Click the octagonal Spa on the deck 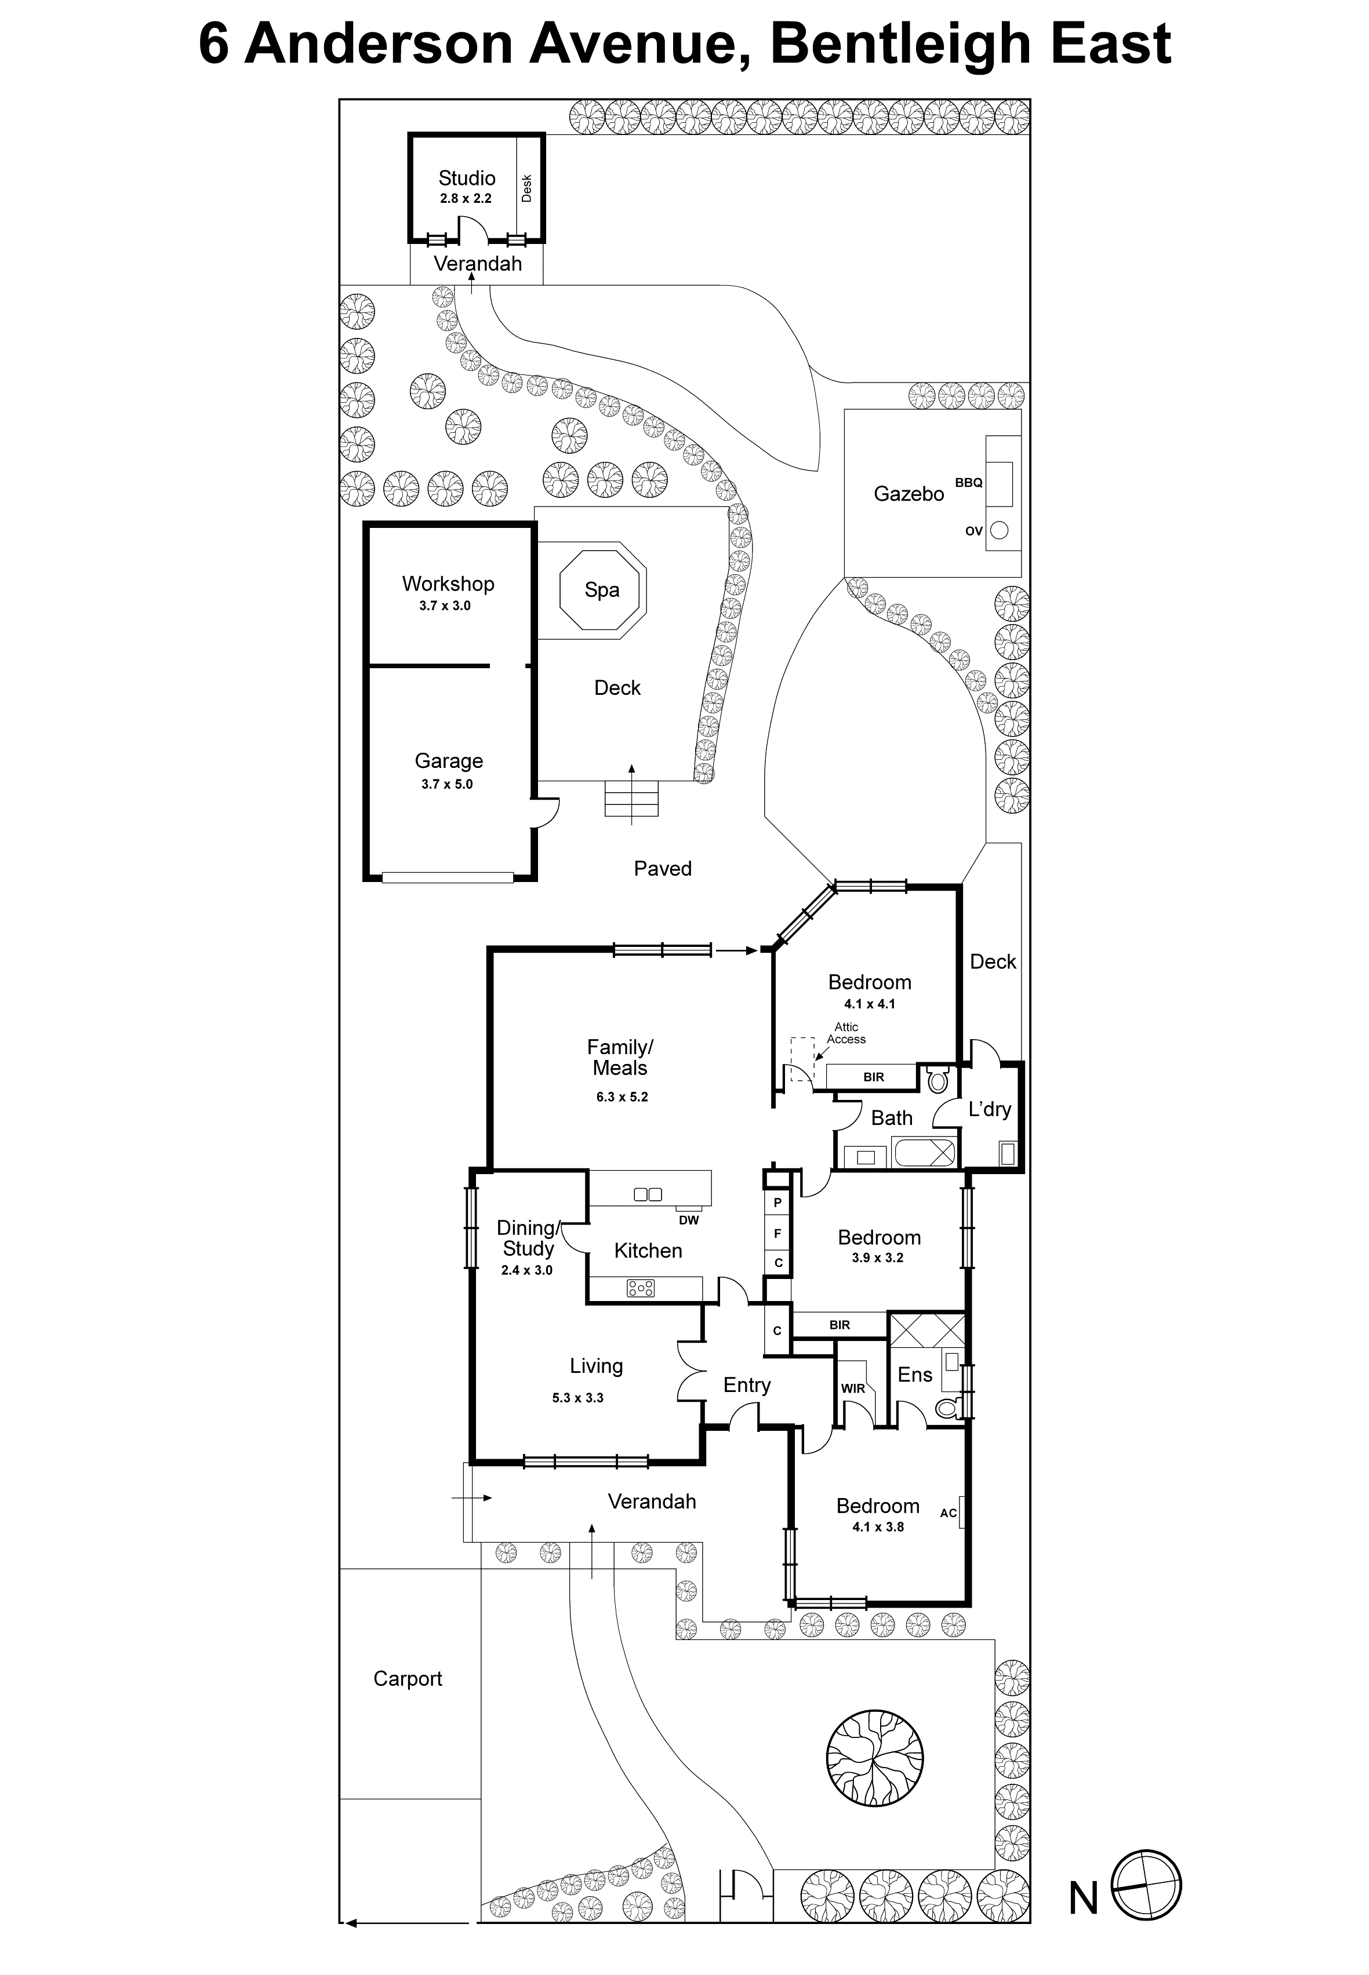point(602,591)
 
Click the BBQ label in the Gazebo point(968,483)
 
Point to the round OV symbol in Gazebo point(999,530)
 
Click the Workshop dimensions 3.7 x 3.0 point(445,606)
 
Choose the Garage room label point(448,761)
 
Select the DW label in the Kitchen point(688,1220)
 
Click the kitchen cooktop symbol point(641,1288)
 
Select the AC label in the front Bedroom point(948,1513)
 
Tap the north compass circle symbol point(1147,1884)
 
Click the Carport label point(407,1679)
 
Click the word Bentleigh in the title point(900,45)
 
